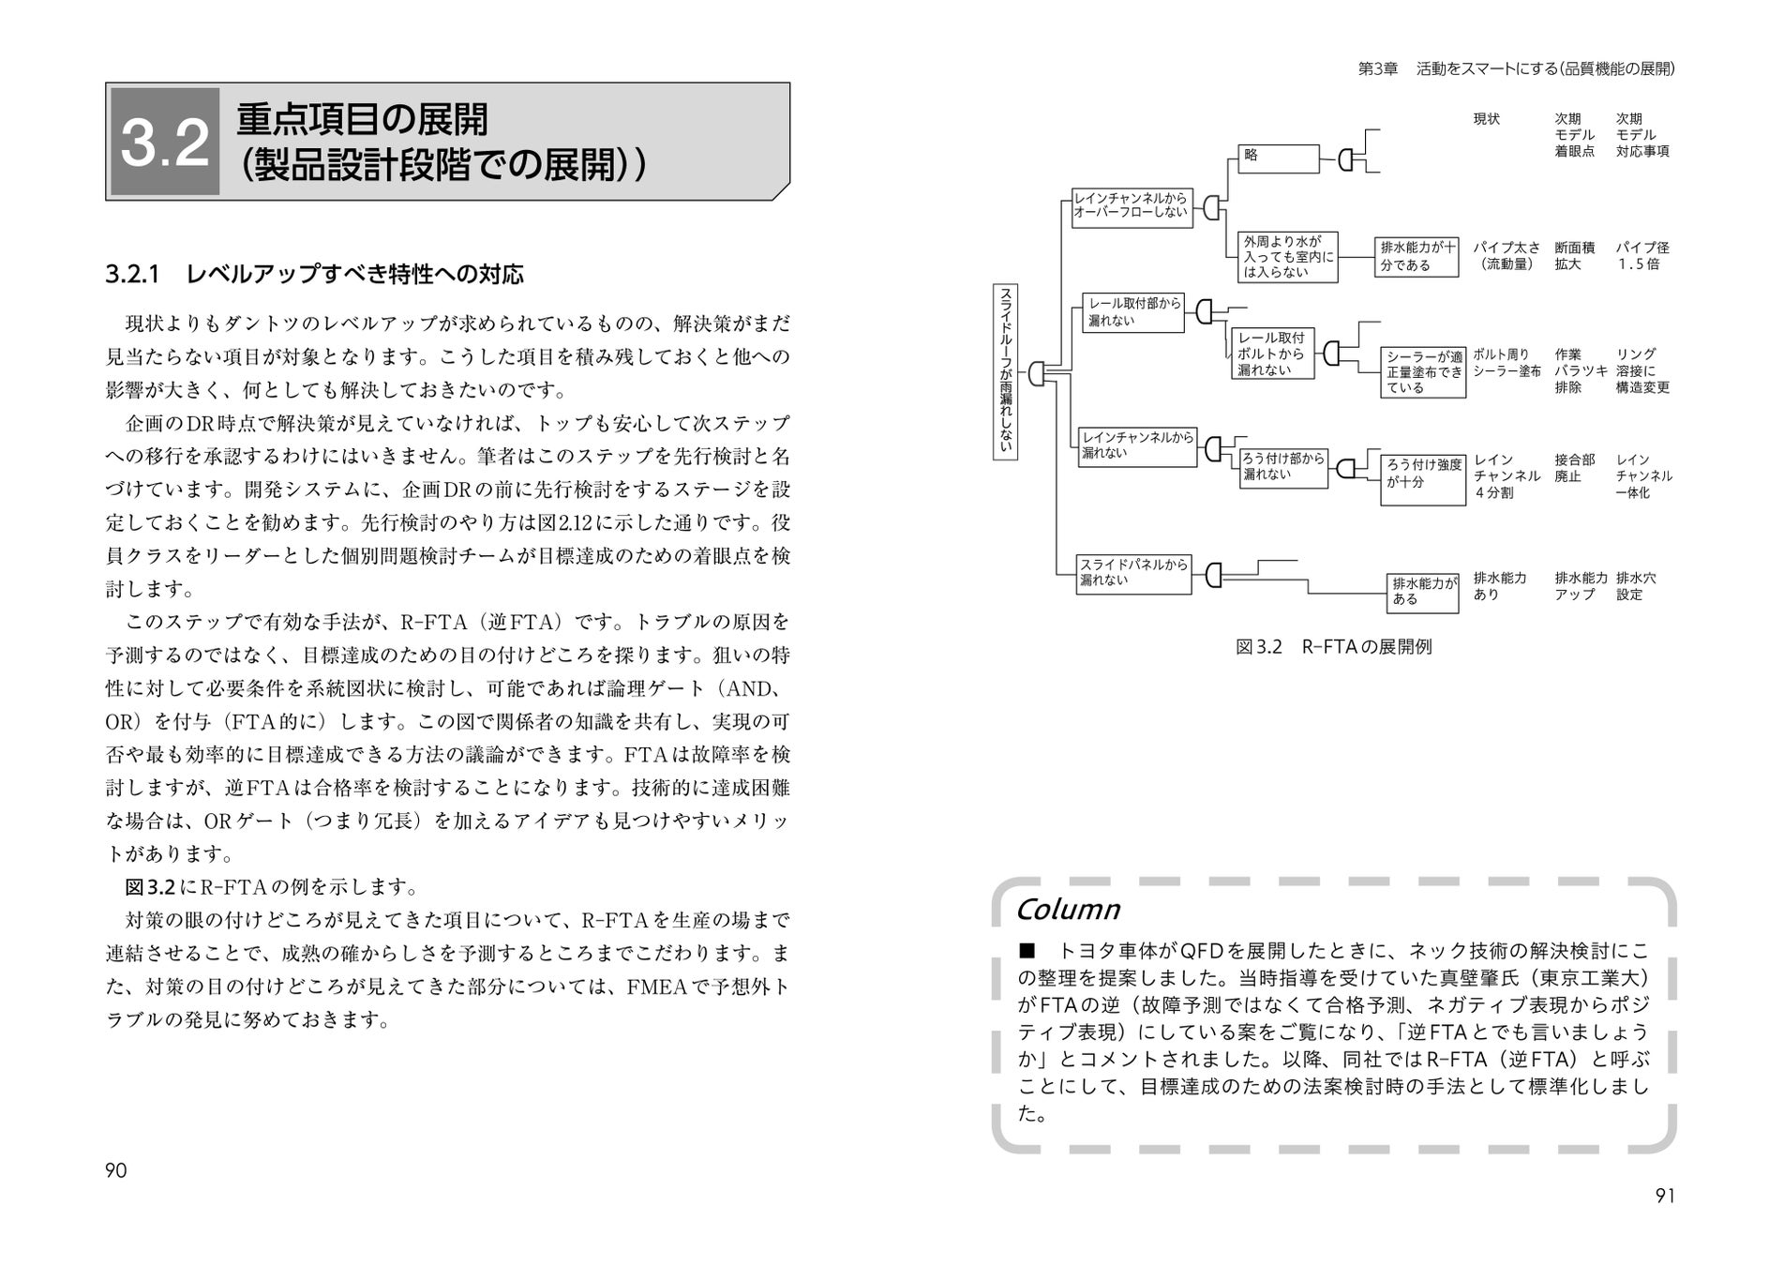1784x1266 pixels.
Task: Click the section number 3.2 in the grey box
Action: click(x=165, y=143)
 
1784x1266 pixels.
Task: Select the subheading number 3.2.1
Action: click(x=134, y=275)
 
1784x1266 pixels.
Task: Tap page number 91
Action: click(x=1665, y=1196)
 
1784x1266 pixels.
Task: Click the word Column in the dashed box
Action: click(x=1068, y=910)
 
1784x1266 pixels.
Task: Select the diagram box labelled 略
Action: click(x=1279, y=158)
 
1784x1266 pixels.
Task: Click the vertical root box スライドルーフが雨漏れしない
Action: click(x=1005, y=370)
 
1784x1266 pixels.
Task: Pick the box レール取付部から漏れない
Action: click(x=1133, y=312)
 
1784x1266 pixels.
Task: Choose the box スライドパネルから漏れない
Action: click(x=1133, y=572)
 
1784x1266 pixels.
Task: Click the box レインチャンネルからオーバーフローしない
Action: click(x=1130, y=206)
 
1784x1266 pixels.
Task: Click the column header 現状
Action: click(x=1486, y=119)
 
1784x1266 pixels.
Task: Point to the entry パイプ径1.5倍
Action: click(x=1642, y=256)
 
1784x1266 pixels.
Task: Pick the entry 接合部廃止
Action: click(x=1574, y=468)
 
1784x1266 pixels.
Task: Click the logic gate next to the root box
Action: click(x=1036, y=373)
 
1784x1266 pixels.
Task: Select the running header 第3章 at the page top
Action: click(x=1377, y=68)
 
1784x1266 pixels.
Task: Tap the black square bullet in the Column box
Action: click(x=1026, y=950)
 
